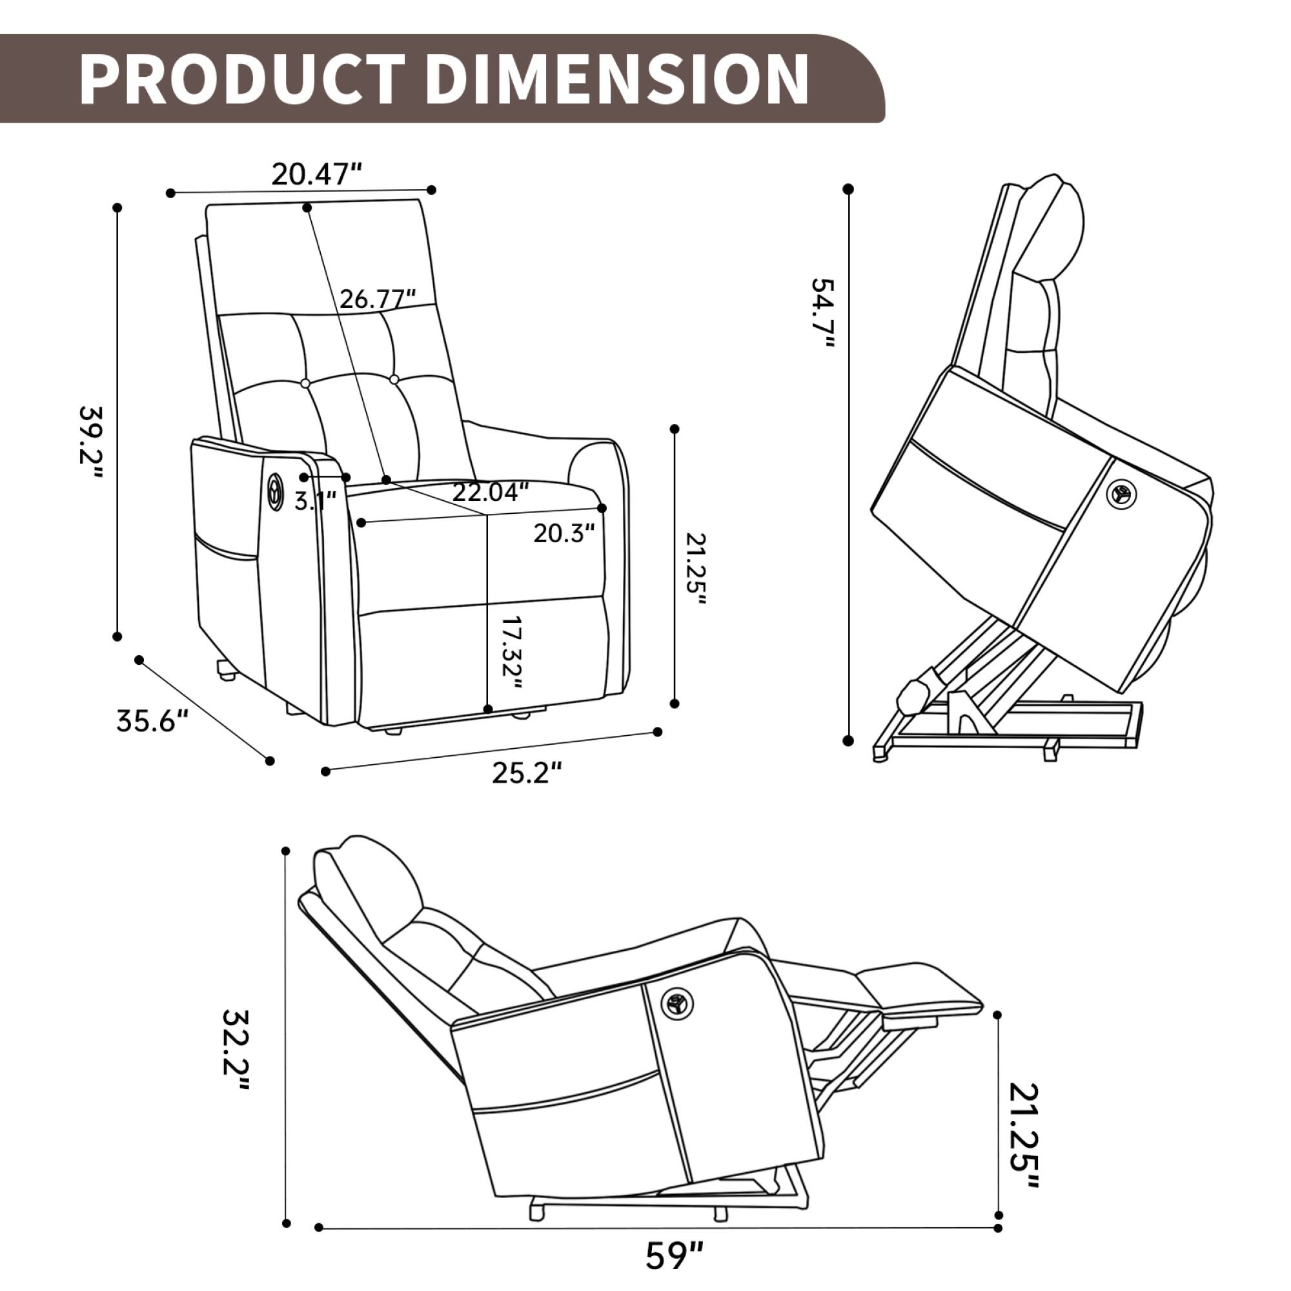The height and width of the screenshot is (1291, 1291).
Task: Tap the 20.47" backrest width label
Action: tap(316, 174)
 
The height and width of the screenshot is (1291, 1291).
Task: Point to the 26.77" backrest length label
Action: tap(378, 299)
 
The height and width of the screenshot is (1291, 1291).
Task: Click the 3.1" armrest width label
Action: tap(315, 500)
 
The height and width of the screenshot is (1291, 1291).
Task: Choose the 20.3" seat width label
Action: tap(564, 533)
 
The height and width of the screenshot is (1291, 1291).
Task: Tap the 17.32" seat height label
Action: tap(511, 652)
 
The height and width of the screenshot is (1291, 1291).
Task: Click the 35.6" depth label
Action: tap(153, 721)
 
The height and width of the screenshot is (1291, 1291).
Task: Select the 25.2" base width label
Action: tap(527, 773)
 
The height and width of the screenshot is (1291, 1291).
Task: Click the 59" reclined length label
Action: tap(675, 1255)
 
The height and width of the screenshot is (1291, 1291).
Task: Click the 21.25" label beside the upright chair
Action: tap(696, 569)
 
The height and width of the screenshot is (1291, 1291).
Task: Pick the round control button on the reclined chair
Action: tap(678, 1003)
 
